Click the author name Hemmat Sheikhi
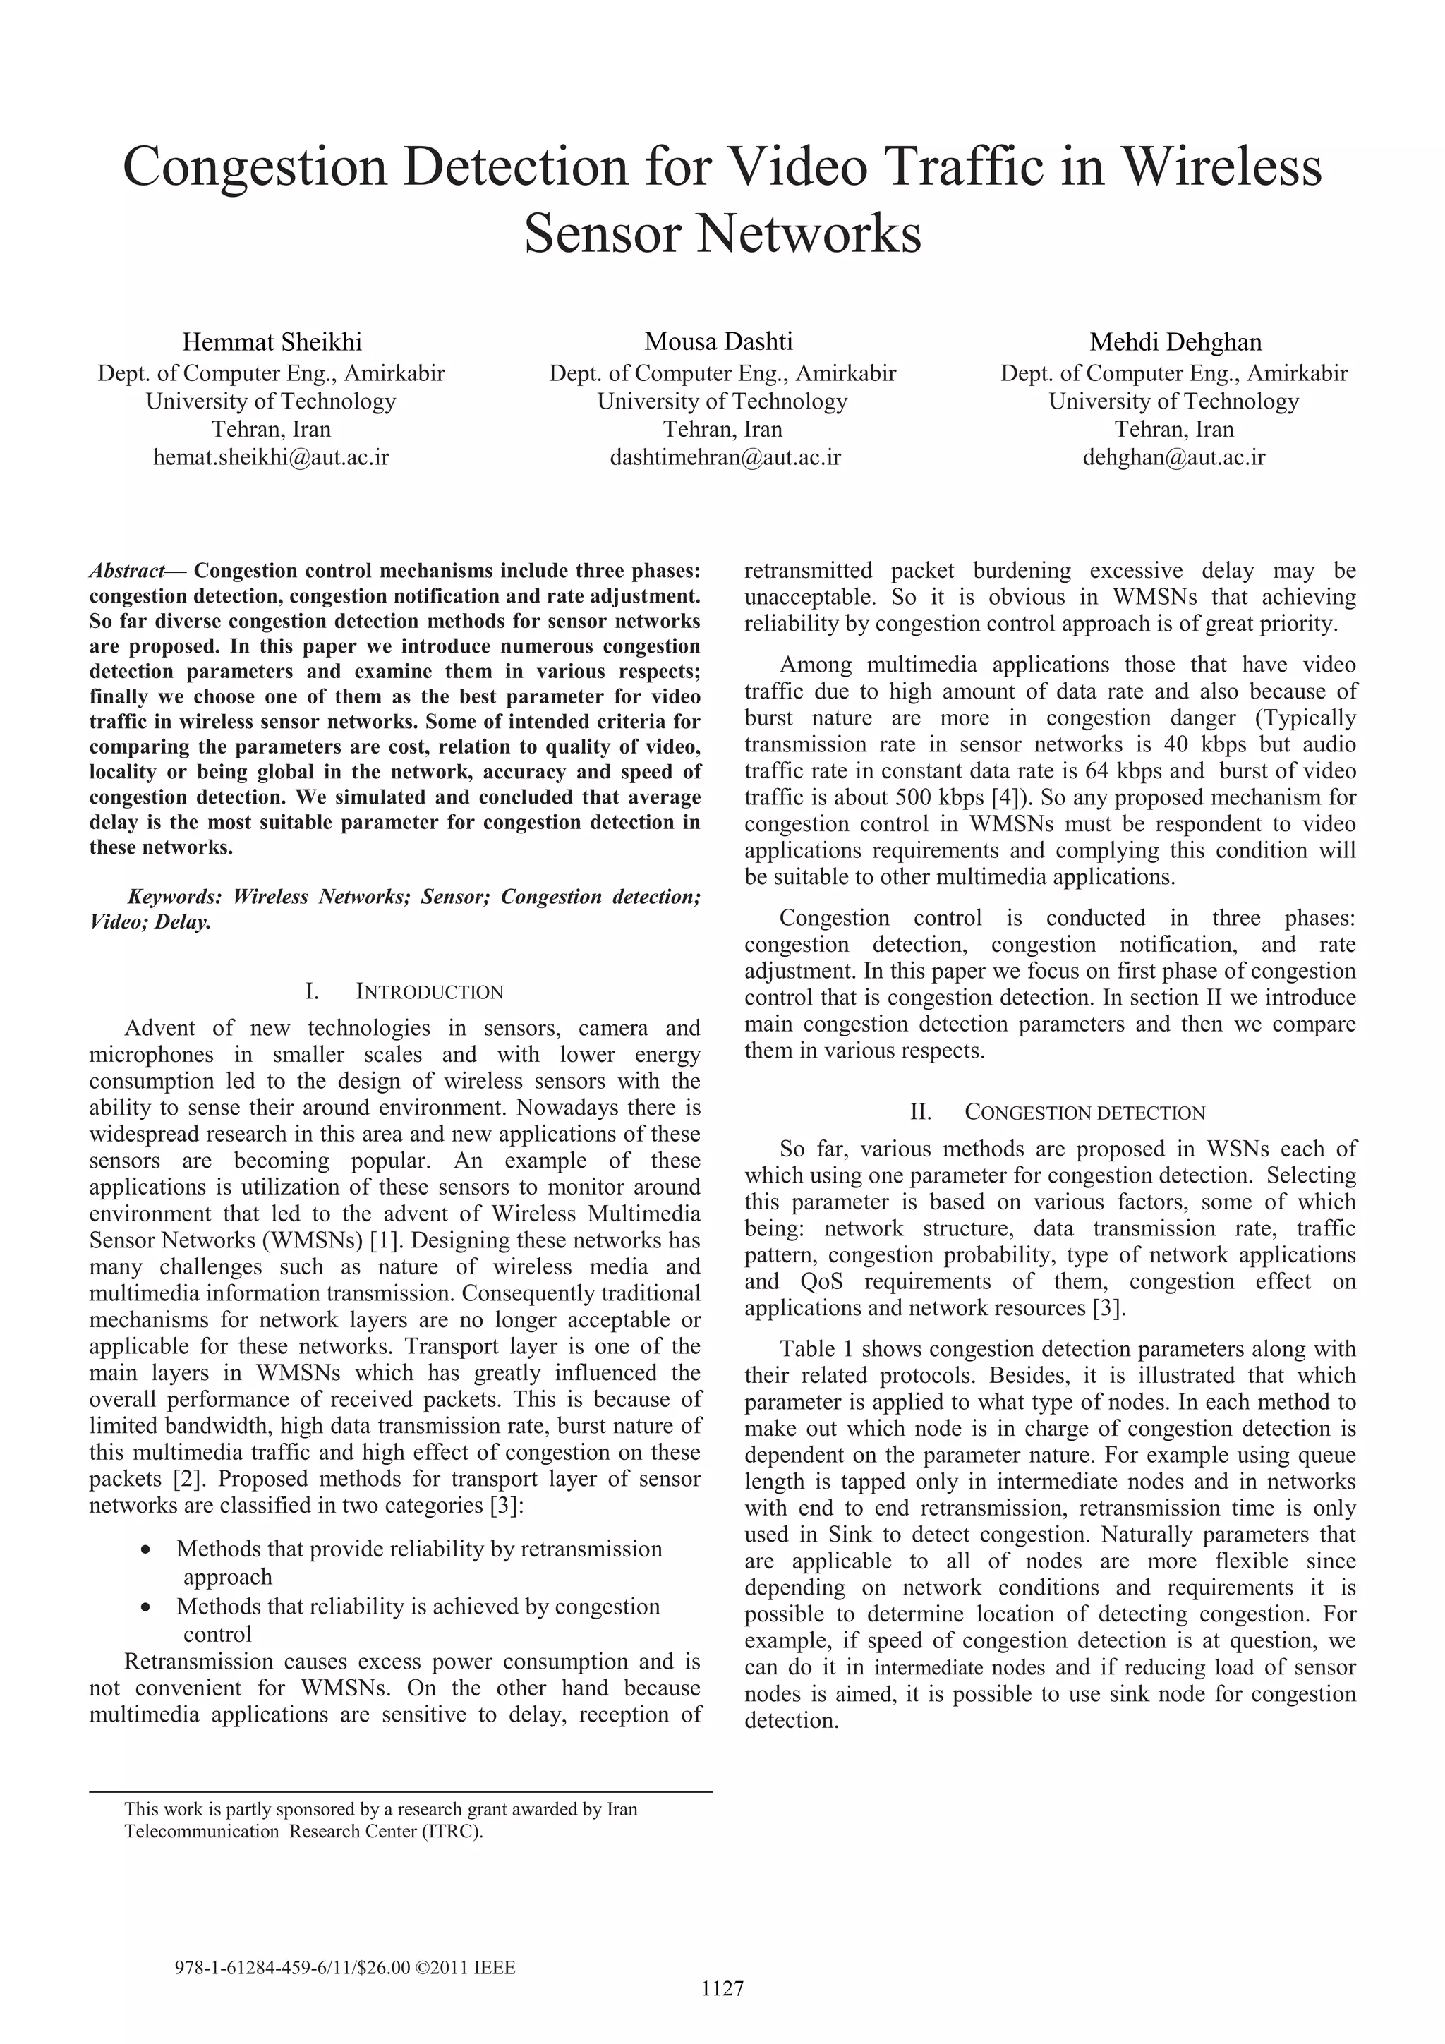click(x=272, y=342)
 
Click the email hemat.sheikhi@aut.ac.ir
click(x=272, y=458)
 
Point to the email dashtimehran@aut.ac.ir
click(x=725, y=458)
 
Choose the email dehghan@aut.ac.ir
click(x=1173, y=458)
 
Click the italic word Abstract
click(x=126, y=571)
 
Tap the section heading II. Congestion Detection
click(x=1057, y=1113)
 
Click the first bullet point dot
click(x=146, y=1550)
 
